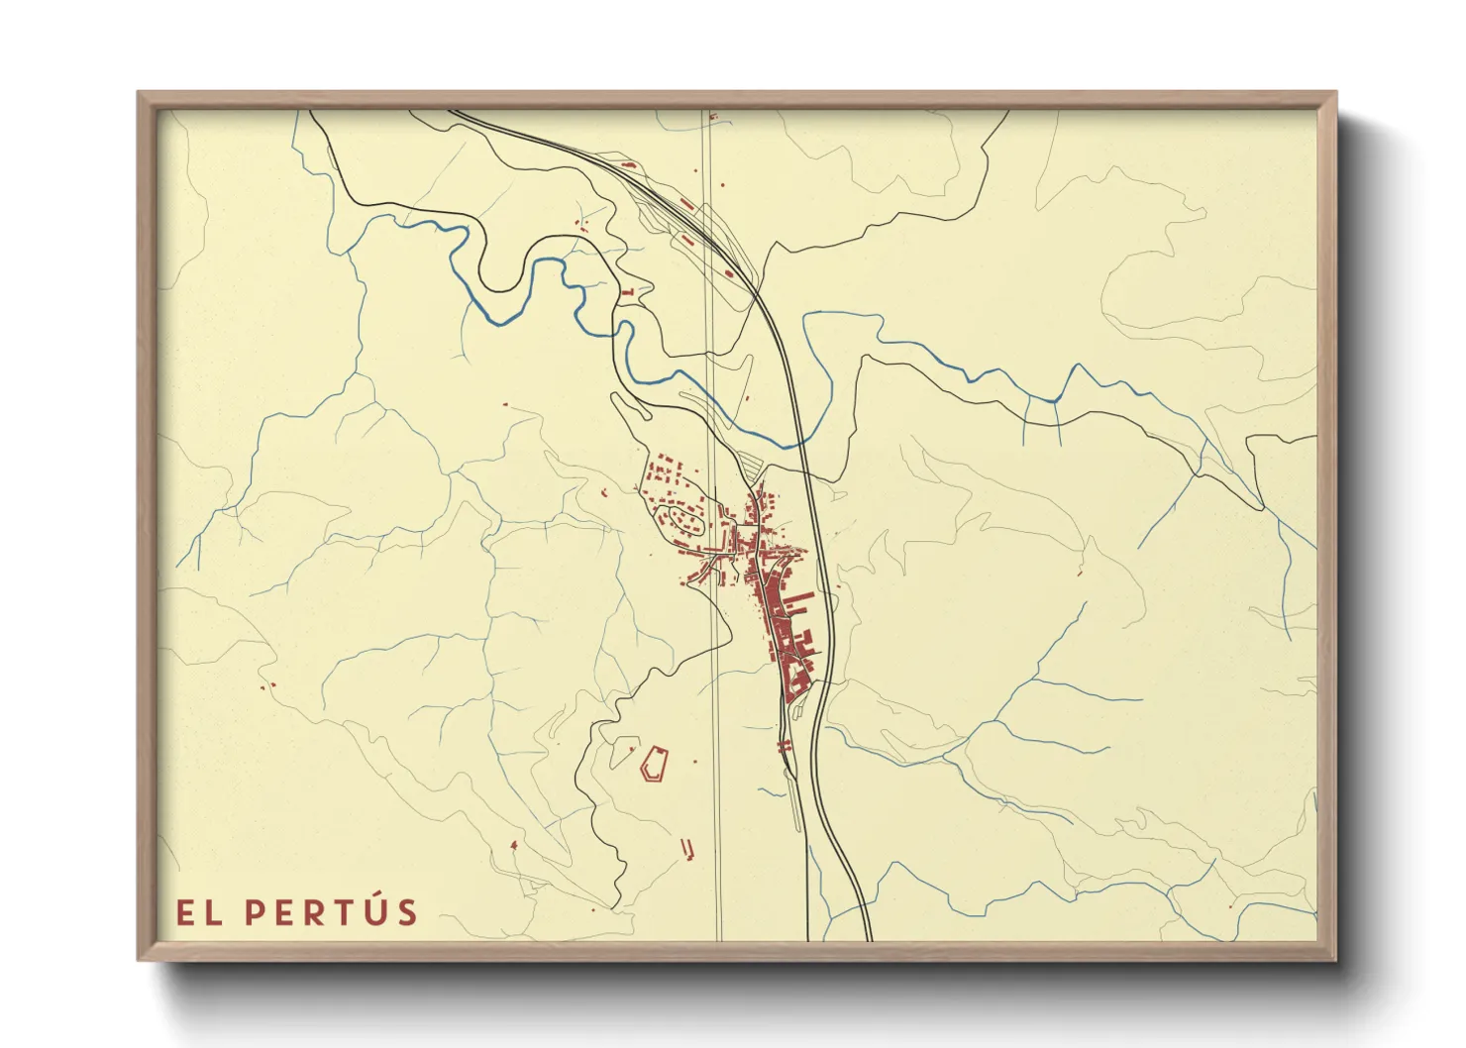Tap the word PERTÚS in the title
click(x=331, y=911)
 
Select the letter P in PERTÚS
click(x=256, y=912)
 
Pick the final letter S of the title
click(x=407, y=912)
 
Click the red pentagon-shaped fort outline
click(x=655, y=764)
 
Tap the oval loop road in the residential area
click(x=683, y=518)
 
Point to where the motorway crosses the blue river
click(x=798, y=443)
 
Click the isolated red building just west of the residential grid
click(x=605, y=492)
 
